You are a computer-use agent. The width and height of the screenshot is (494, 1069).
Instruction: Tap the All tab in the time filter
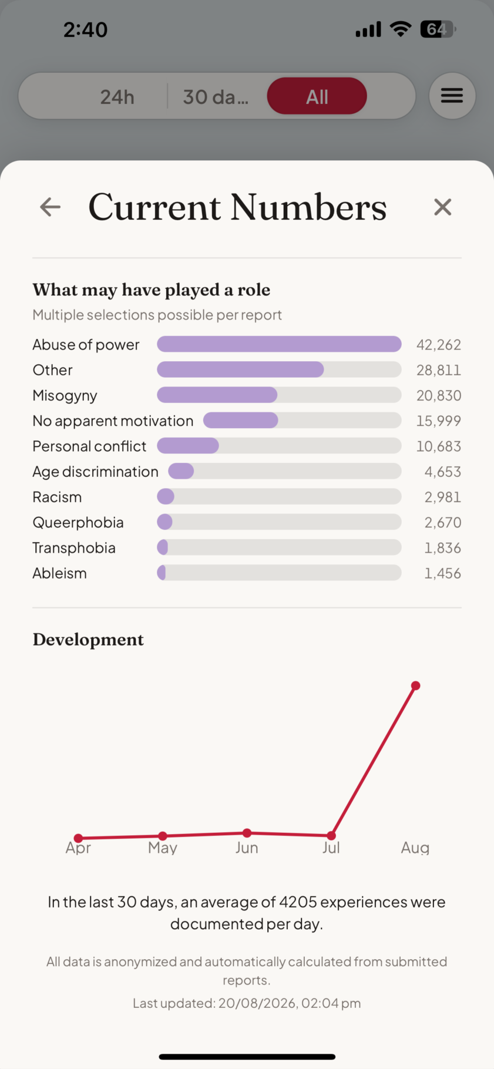(317, 96)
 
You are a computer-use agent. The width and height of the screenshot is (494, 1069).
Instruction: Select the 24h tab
(117, 97)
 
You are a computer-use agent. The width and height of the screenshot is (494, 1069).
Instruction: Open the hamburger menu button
(452, 96)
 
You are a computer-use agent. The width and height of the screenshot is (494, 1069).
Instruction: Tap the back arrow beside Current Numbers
(51, 207)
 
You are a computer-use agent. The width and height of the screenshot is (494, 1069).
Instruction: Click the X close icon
(442, 207)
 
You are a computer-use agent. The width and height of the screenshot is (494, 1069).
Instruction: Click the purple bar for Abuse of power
(279, 344)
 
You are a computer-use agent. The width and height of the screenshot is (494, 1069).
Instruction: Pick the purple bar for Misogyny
(217, 395)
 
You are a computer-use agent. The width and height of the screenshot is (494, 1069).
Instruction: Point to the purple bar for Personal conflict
(188, 446)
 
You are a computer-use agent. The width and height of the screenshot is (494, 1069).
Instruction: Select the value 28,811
(439, 370)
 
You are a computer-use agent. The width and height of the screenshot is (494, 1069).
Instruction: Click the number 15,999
(439, 421)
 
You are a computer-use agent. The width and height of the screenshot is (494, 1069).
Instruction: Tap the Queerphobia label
(78, 523)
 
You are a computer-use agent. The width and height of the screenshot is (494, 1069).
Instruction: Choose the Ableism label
(60, 573)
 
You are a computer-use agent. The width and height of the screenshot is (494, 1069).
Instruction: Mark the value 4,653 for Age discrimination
(443, 472)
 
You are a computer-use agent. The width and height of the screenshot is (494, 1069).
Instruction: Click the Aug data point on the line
(416, 685)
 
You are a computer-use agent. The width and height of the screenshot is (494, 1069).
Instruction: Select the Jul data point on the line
(331, 835)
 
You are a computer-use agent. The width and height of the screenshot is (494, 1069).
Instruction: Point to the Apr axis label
(78, 848)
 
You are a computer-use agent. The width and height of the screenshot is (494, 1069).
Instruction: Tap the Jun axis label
(247, 848)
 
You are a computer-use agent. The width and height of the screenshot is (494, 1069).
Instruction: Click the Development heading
(88, 640)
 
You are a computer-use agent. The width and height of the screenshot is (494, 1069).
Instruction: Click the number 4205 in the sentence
(298, 902)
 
